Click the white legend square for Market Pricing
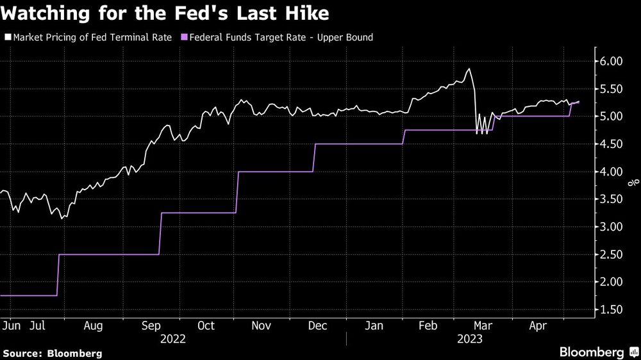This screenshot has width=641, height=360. (x=7, y=38)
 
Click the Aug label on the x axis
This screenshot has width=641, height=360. (x=94, y=325)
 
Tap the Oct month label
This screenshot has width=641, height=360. (x=206, y=325)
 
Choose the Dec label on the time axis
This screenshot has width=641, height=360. (x=319, y=325)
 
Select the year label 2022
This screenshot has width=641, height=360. (x=173, y=338)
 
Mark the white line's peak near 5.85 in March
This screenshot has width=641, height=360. (x=469, y=69)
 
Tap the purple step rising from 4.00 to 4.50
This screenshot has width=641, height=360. (x=314, y=158)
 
